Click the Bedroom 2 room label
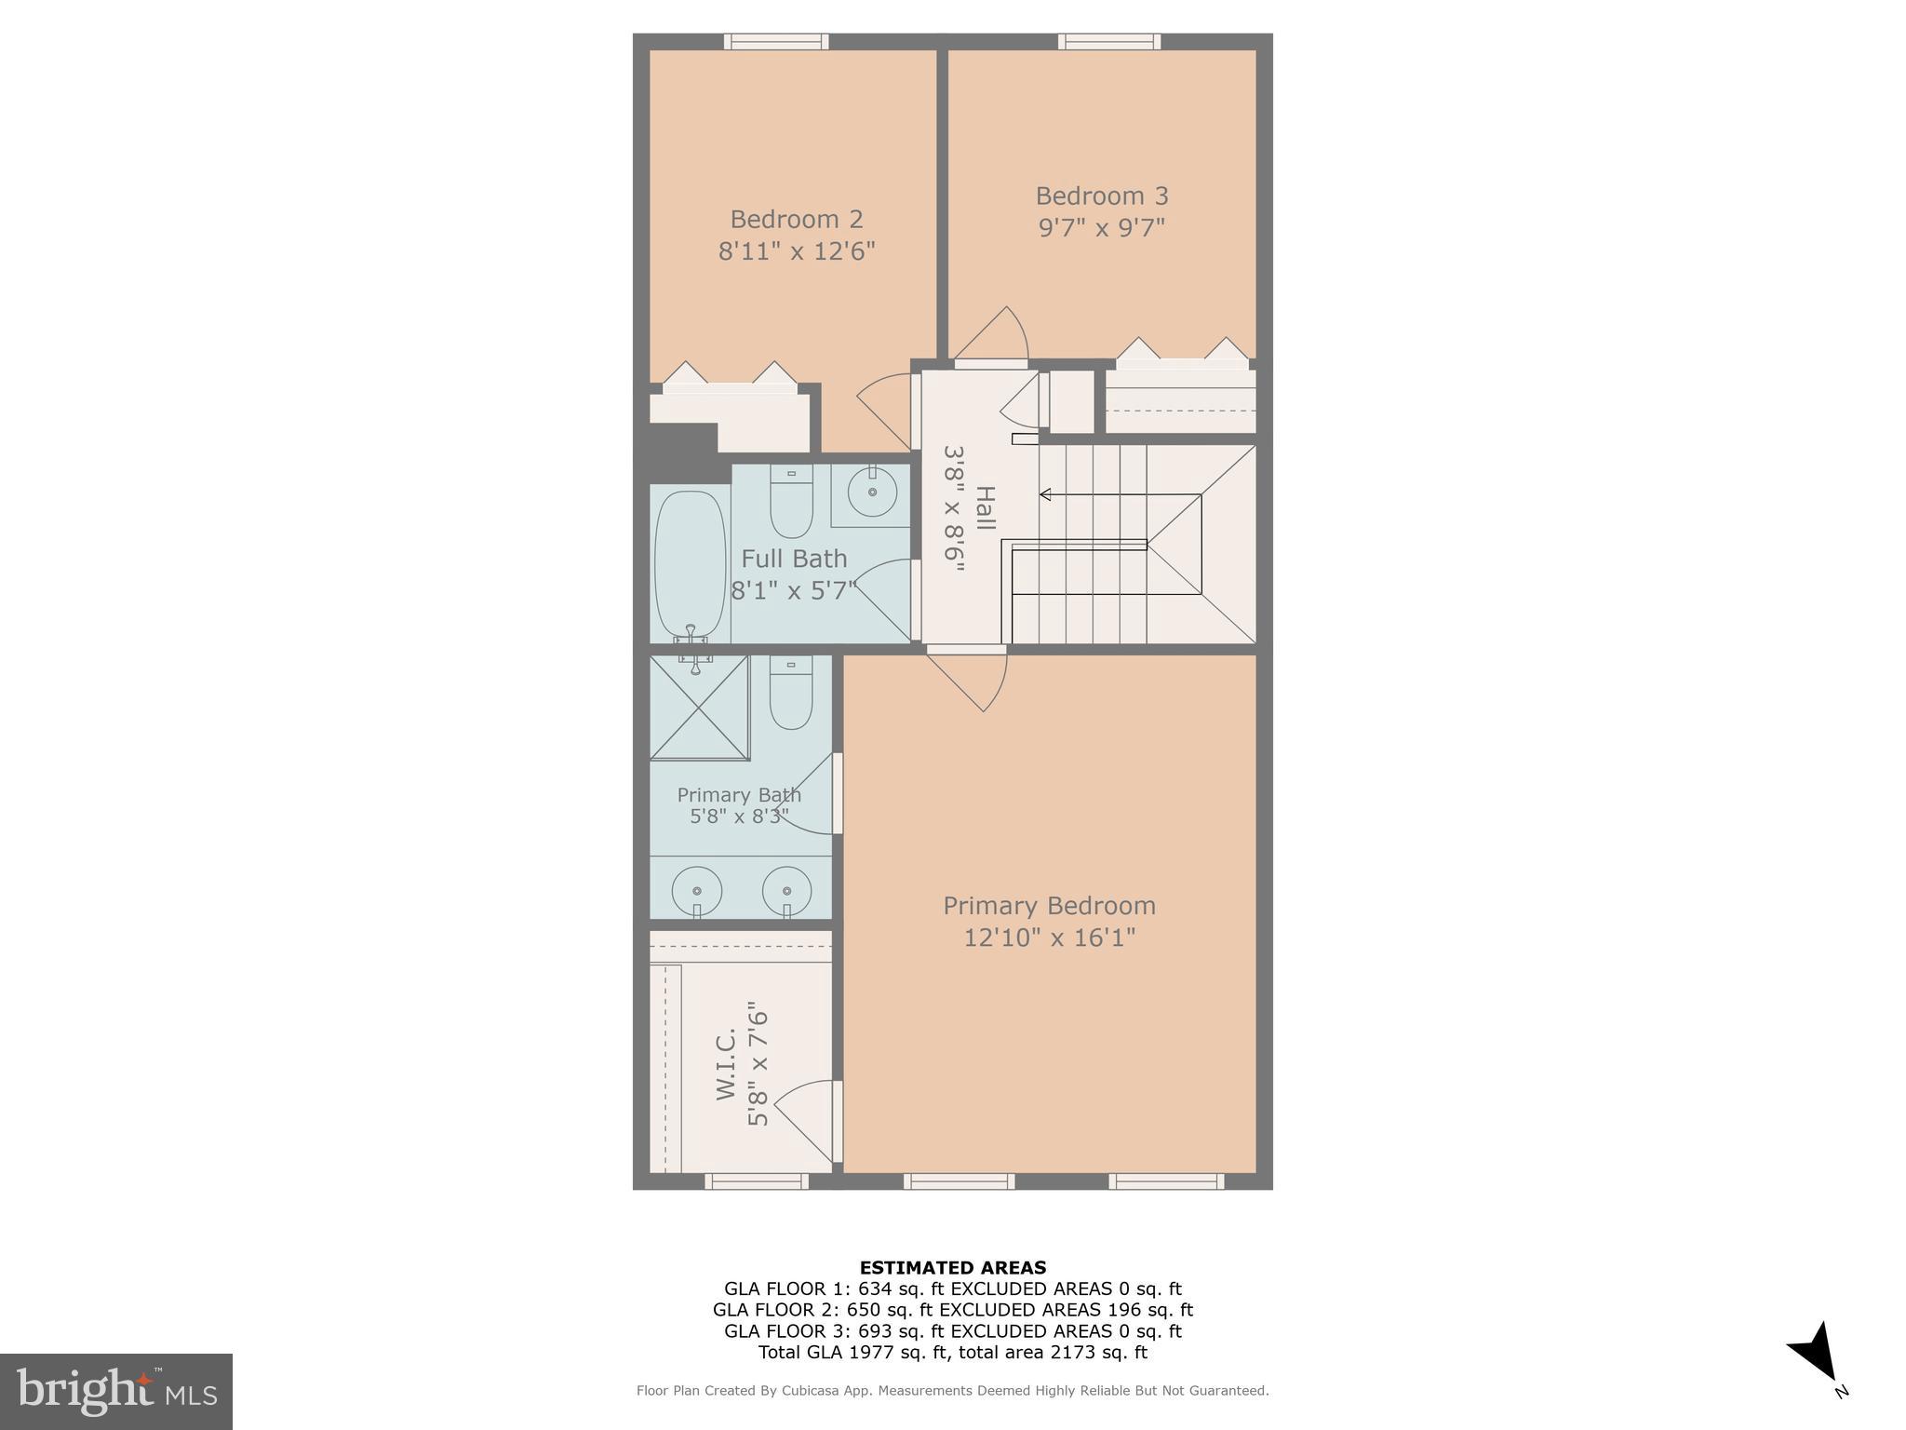(x=796, y=219)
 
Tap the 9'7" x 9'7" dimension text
(x=1102, y=227)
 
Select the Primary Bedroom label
(x=1049, y=905)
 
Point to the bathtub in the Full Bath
(x=690, y=563)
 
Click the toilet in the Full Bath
(x=791, y=503)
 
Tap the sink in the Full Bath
(x=872, y=492)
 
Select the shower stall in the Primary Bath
(x=699, y=708)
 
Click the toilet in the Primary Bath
(x=790, y=695)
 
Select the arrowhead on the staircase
(x=1045, y=494)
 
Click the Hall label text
(x=985, y=507)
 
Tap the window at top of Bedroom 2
(x=776, y=41)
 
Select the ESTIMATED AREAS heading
(x=952, y=1267)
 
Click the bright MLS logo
(x=115, y=1391)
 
